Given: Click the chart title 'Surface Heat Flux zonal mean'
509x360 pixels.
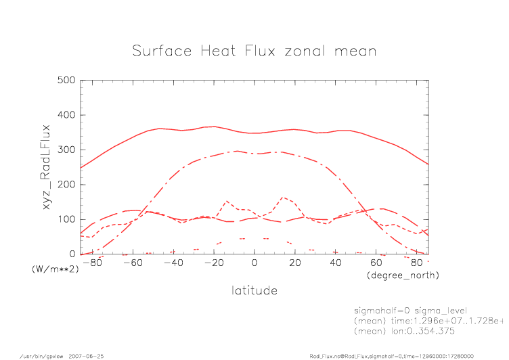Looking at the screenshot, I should (254, 51).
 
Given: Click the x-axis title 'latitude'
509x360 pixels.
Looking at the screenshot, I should (254, 290).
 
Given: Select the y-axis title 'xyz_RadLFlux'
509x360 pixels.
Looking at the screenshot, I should (47, 167).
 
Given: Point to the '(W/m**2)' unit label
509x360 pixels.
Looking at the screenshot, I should (56, 269).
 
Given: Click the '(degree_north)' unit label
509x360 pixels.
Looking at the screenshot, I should (403, 275).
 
